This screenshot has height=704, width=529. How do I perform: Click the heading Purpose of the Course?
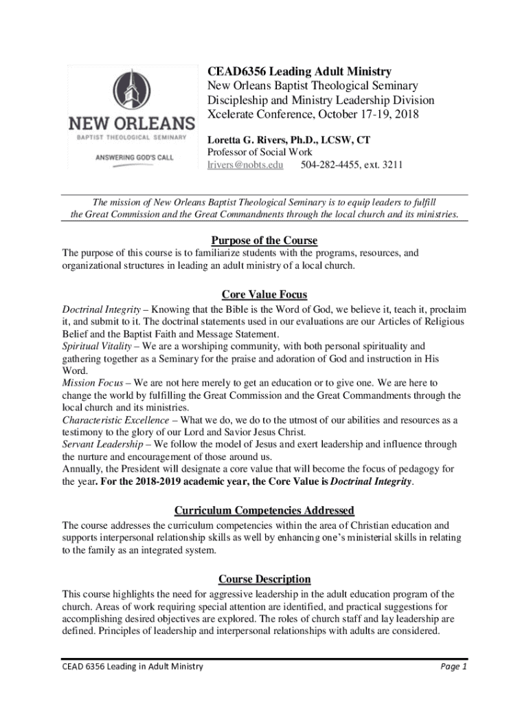click(x=264, y=240)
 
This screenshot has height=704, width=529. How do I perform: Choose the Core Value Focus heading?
click(x=264, y=295)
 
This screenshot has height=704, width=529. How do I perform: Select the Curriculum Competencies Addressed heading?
click(x=264, y=510)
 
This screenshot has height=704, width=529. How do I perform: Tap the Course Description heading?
click(x=264, y=579)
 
